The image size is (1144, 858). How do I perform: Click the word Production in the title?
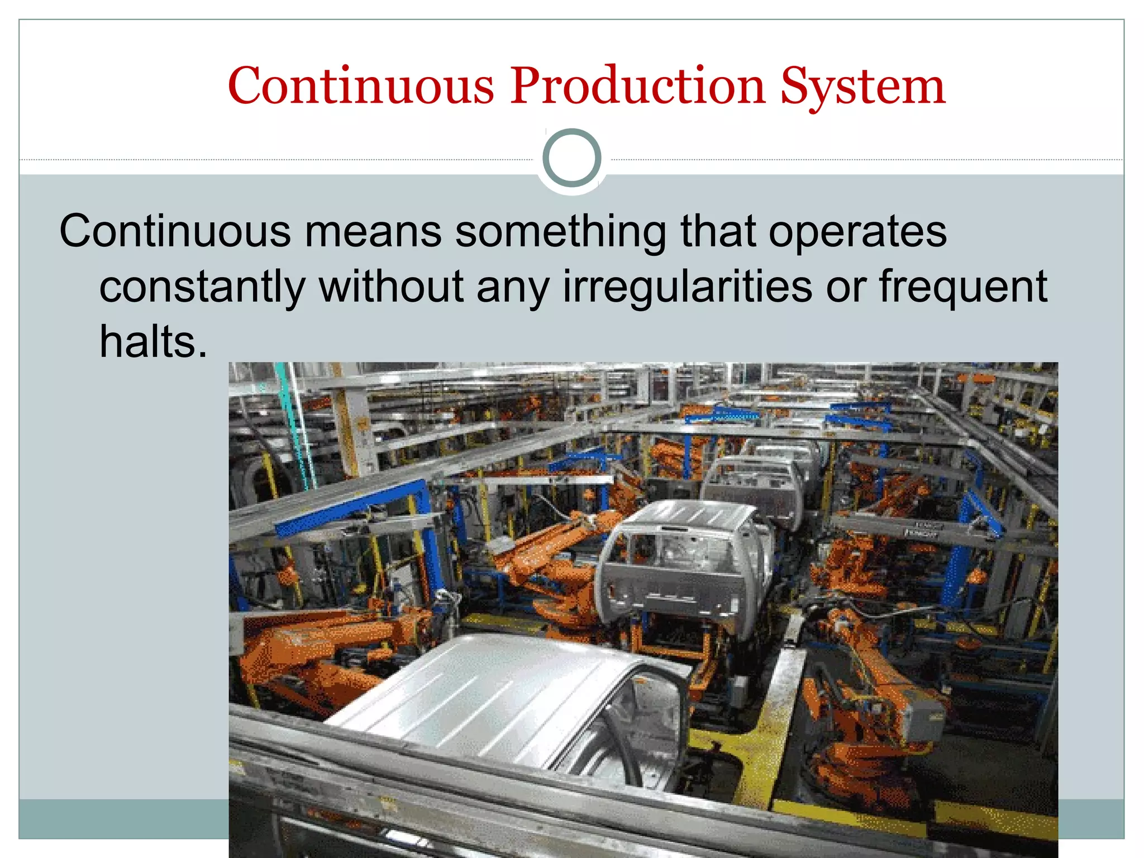pyautogui.click(x=637, y=86)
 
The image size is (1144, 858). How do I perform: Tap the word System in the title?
pyautogui.click(x=862, y=87)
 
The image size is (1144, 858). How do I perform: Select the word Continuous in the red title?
pyautogui.click(x=361, y=86)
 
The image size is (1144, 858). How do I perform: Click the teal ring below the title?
pyautogui.click(x=571, y=158)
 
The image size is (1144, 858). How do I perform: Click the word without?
pyautogui.click(x=391, y=286)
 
